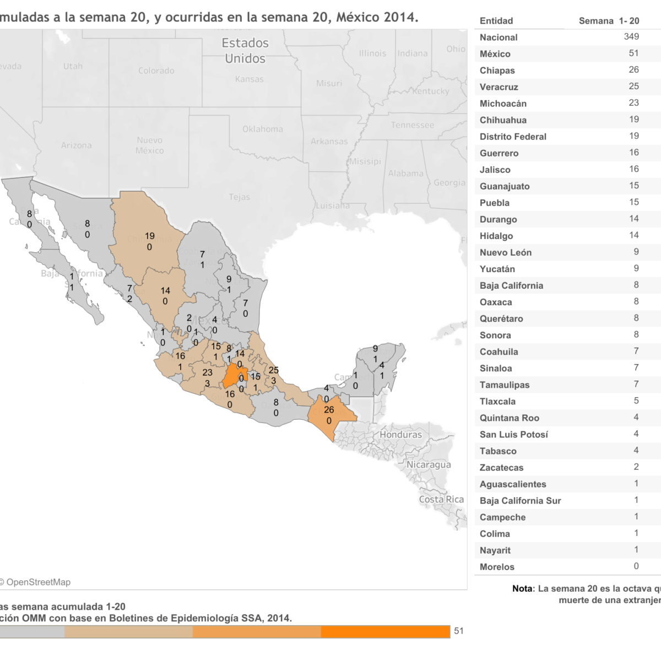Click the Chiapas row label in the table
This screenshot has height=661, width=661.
pos(497,71)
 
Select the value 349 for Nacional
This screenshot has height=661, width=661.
pos(631,36)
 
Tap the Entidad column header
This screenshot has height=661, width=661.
pos(496,21)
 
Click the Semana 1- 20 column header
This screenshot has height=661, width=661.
pos(609,21)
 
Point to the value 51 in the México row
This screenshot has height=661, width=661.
pos(633,53)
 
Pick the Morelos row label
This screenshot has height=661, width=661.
pos(497,567)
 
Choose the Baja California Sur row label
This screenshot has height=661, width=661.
pos(520,501)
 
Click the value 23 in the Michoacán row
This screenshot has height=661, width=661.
pos(633,102)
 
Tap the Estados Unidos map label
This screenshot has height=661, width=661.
pos(245,51)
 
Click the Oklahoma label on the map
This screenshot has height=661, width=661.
pos(263,129)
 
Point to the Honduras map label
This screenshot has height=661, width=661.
pos(400,435)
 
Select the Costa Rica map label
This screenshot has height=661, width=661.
pos(441,499)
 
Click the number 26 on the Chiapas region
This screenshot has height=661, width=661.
pos(329,409)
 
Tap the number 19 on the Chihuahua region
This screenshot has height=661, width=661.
pos(149,236)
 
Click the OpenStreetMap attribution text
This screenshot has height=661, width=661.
pos(37,582)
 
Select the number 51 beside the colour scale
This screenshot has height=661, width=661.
pos(458,631)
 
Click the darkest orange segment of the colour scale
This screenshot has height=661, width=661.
pos(385,631)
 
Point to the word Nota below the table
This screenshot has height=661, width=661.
pos(522,588)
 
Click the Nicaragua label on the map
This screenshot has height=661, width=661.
pos(429,464)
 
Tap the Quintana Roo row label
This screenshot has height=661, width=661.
pos(509,418)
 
